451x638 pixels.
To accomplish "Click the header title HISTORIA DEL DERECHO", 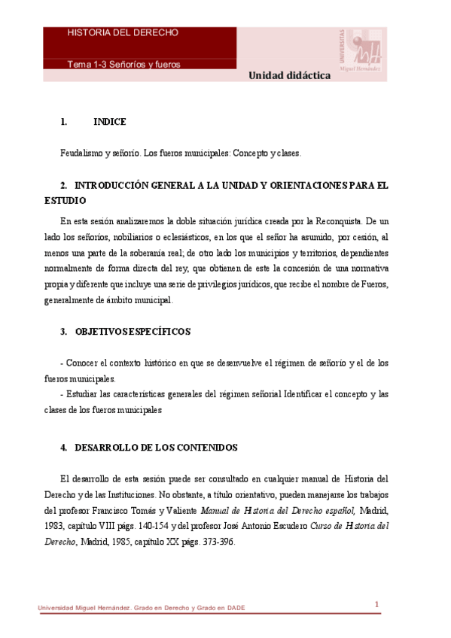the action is [x=123, y=33].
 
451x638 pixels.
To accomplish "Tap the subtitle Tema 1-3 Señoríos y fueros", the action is [x=123, y=64].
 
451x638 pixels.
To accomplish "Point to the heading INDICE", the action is [x=109, y=122].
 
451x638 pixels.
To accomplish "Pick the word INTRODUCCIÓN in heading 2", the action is [x=117, y=185].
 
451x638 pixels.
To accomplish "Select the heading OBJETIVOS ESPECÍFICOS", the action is [x=133, y=332].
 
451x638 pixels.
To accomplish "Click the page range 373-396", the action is [x=219, y=542].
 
